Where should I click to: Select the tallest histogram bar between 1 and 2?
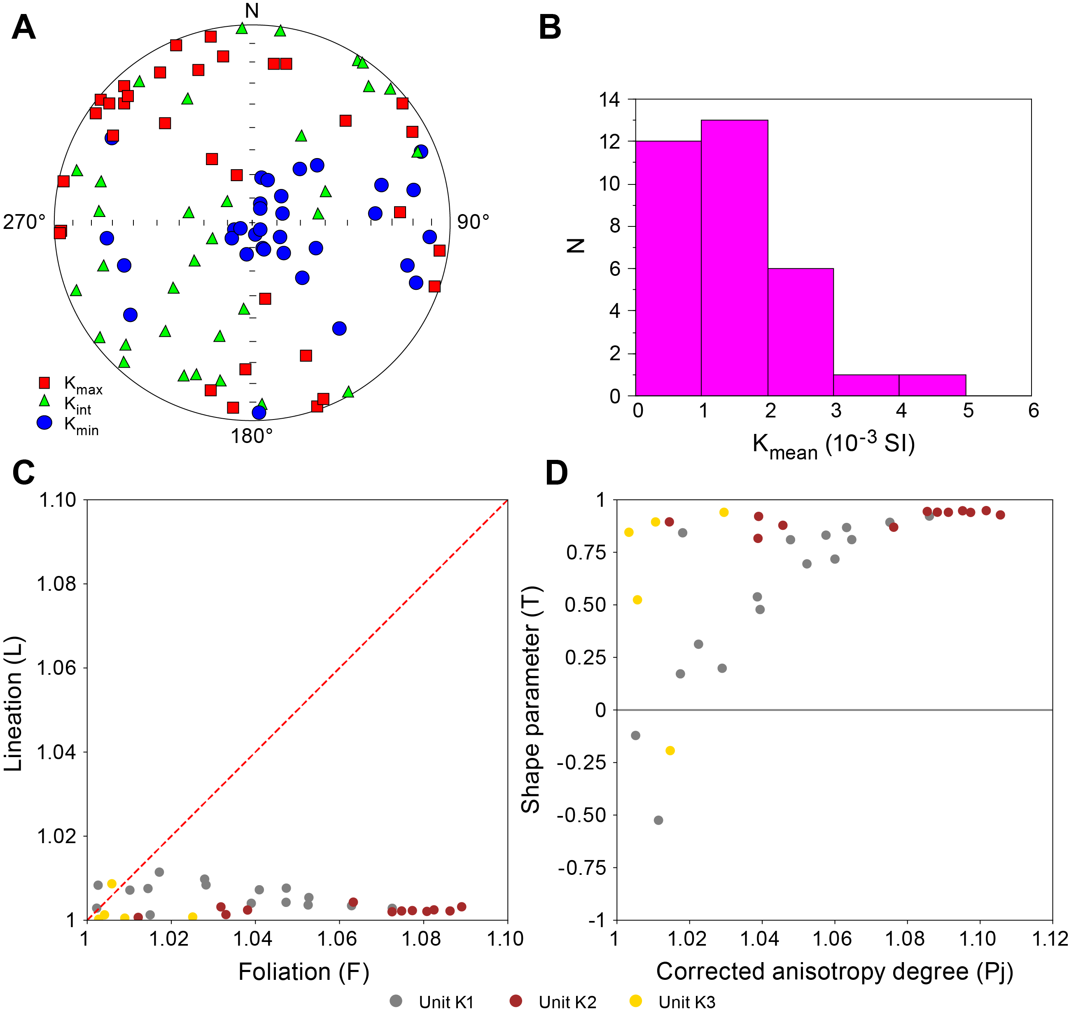tap(734, 258)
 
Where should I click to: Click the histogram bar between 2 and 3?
tap(800, 332)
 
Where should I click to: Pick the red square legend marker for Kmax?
tap(44, 383)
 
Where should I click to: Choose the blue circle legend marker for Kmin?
tap(44, 423)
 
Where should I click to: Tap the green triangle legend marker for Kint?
tap(44, 401)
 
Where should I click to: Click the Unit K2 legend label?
tap(567, 1002)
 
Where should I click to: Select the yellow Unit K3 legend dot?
tap(636, 1001)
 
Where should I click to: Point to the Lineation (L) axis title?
tap(13, 704)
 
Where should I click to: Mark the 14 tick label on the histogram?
tap(609, 100)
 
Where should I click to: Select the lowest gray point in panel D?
tap(658, 820)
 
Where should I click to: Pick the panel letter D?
tap(556, 473)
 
